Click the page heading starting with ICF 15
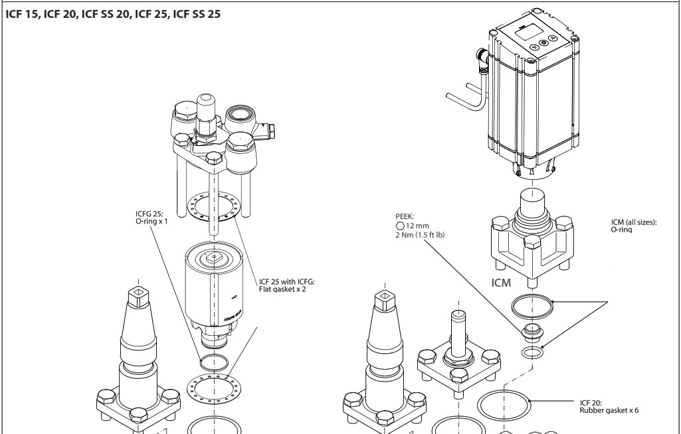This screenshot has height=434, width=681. tap(113, 14)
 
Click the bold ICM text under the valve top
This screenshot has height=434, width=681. tap(501, 283)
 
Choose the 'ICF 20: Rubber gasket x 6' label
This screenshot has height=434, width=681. tap(609, 406)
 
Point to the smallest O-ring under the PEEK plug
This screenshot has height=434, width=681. tap(530, 351)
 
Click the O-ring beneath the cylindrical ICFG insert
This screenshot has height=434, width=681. tap(213, 363)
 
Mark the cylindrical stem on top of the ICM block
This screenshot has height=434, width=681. tap(532, 200)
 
